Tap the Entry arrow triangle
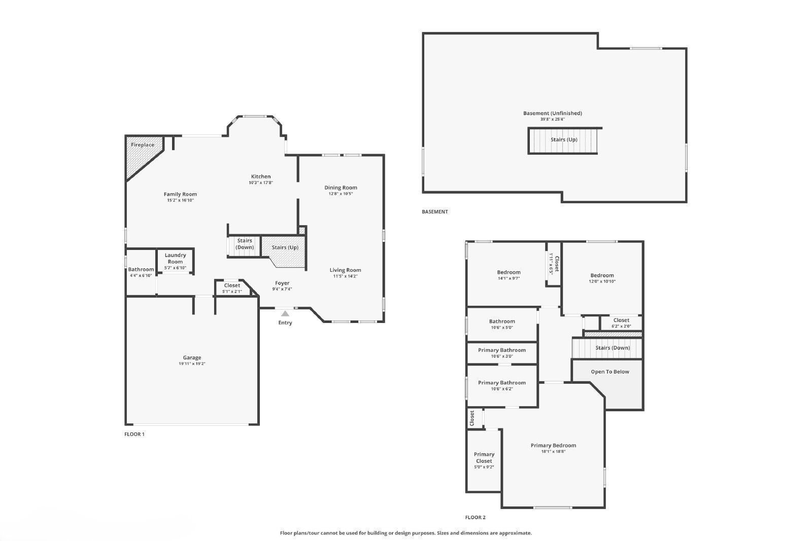point(285,313)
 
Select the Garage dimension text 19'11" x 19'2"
point(192,364)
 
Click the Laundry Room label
point(175,258)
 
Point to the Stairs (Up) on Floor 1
point(285,247)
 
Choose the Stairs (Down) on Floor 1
point(244,244)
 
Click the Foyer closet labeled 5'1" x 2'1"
point(232,288)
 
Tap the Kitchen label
point(261,176)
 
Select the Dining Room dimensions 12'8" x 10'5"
point(341,194)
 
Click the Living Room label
point(345,270)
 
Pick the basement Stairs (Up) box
point(564,140)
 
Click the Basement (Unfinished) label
point(552,113)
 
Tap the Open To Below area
point(610,372)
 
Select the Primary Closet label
point(484,457)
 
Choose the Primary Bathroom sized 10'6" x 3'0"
point(501,353)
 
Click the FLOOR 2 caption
point(475,518)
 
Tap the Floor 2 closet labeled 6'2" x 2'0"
point(621,323)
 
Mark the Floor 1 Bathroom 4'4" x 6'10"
point(141,272)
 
